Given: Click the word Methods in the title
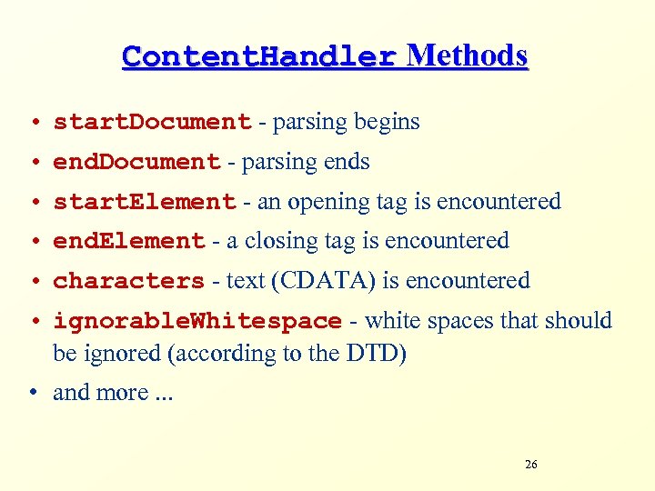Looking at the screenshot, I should pyautogui.click(x=467, y=56).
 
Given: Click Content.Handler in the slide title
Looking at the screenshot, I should pyautogui.click(x=259, y=57).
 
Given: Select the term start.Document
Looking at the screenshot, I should pyautogui.click(x=152, y=122).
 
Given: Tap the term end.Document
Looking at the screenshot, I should pyautogui.click(x=136, y=162).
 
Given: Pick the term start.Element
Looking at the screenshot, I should pyautogui.click(x=145, y=202).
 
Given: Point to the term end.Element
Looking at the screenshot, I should pyautogui.click(x=129, y=242).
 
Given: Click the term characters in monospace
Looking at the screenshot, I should pyautogui.click(x=128, y=282).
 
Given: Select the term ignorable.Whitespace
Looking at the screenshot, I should pyautogui.click(x=197, y=322).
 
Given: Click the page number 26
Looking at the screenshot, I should pyautogui.click(x=531, y=465).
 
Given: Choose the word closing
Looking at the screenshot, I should pyautogui.click(x=278, y=242).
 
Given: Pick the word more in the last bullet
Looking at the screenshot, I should pyautogui.click(x=126, y=393).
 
